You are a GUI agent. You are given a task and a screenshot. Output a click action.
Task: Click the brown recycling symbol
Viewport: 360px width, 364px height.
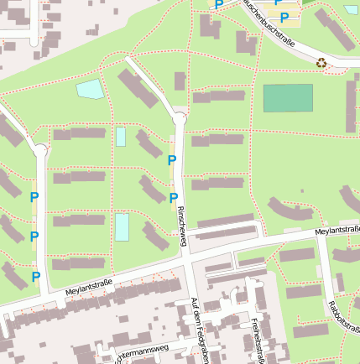pos(321,62)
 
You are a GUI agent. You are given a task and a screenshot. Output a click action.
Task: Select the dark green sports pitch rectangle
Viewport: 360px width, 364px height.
pos(288,98)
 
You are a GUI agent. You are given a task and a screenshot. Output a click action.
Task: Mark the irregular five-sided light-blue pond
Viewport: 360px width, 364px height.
pos(90,89)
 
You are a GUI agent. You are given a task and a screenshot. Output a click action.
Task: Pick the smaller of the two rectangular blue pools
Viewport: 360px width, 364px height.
pos(121,137)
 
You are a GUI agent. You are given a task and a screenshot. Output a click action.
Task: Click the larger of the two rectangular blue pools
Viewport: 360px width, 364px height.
pos(123,227)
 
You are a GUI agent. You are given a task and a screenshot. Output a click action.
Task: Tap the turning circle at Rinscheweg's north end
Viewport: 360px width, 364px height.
pos(179,119)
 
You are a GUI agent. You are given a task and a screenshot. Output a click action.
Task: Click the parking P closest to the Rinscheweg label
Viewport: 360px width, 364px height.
pos(174,198)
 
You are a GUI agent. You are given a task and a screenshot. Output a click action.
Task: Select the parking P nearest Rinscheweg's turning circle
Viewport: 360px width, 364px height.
pos(172,159)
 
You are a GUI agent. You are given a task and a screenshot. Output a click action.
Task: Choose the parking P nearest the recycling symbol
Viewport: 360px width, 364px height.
pos(284,17)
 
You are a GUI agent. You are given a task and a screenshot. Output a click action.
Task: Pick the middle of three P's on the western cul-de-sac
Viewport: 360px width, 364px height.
pos(34,237)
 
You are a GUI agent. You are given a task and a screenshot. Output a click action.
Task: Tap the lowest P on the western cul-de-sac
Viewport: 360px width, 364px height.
pos(36,276)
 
